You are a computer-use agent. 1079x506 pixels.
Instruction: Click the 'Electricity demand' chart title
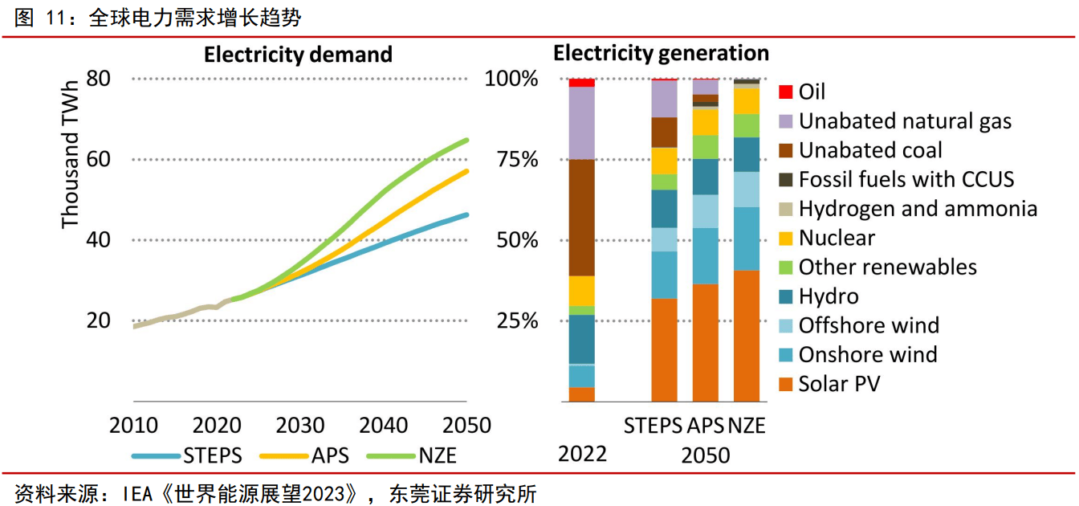298,55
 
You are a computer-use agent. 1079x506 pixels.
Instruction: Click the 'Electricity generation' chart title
661,53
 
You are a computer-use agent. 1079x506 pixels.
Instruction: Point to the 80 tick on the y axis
99,80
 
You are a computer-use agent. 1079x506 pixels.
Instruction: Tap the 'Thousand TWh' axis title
71,153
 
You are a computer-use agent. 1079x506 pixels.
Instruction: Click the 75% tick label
511,160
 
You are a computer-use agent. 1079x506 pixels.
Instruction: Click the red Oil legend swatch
786,92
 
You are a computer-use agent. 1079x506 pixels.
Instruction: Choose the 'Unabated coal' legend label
870,150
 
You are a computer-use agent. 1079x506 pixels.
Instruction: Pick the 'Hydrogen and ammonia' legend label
918,209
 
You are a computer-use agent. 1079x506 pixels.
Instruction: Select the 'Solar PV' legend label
839,384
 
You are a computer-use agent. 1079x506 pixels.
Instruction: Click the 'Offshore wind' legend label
869,325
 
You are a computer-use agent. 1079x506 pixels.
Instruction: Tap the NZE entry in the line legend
437,455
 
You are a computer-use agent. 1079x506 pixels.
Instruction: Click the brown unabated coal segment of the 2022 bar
581,217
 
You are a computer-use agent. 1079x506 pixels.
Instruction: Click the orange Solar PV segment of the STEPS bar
664,349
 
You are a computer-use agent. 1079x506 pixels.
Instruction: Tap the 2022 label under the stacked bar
582,454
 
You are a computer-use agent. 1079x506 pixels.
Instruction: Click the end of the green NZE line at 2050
466,141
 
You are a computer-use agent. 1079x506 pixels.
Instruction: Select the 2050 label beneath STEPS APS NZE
706,455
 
